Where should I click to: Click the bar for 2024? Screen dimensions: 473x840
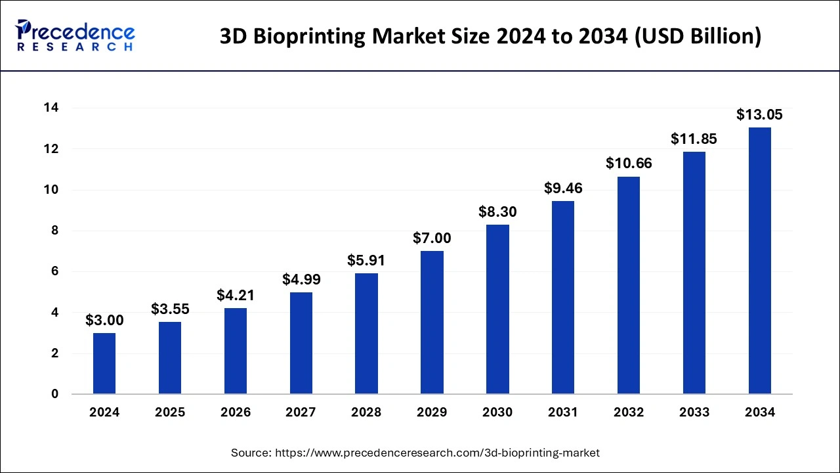pyautogui.click(x=104, y=363)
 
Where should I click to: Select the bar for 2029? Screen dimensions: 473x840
pyautogui.click(x=432, y=323)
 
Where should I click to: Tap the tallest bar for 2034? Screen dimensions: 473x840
pyautogui.click(x=759, y=261)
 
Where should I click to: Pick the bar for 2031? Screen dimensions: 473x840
pyautogui.click(x=563, y=298)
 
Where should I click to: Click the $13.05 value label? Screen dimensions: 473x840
pyautogui.click(x=759, y=115)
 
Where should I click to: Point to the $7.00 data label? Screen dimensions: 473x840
pyautogui.click(x=432, y=238)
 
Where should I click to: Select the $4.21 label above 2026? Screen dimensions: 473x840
pyautogui.click(x=236, y=296)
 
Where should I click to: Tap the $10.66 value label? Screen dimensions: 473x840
pyautogui.click(x=629, y=164)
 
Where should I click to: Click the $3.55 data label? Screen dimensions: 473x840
pyautogui.click(x=170, y=309)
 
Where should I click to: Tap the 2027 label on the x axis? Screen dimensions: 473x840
pyautogui.click(x=301, y=413)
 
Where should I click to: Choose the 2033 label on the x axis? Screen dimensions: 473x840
pyautogui.click(x=694, y=413)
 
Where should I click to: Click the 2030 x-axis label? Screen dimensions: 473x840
pyautogui.click(x=497, y=413)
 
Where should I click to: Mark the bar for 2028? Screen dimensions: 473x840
pyautogui.click(x=366, y=334)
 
